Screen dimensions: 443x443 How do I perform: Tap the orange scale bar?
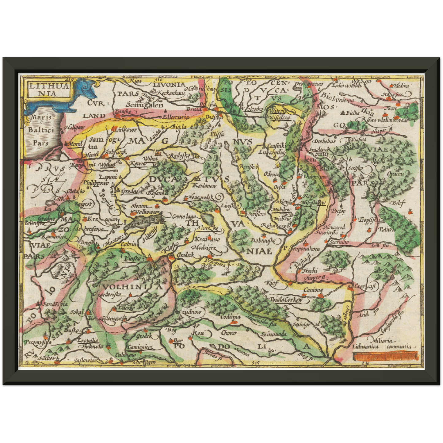click(385, 357)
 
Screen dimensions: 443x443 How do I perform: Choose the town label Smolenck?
click(319, 149)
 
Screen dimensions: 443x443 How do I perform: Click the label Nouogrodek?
click(201, 198)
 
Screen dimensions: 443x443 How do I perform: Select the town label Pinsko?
click(133, 259)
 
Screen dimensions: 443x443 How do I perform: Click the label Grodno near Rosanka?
click(130, 191)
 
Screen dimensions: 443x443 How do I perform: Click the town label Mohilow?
click(281, 210)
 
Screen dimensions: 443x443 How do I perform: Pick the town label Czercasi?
click(365, 286)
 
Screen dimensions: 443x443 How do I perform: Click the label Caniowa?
click(313, 290)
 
